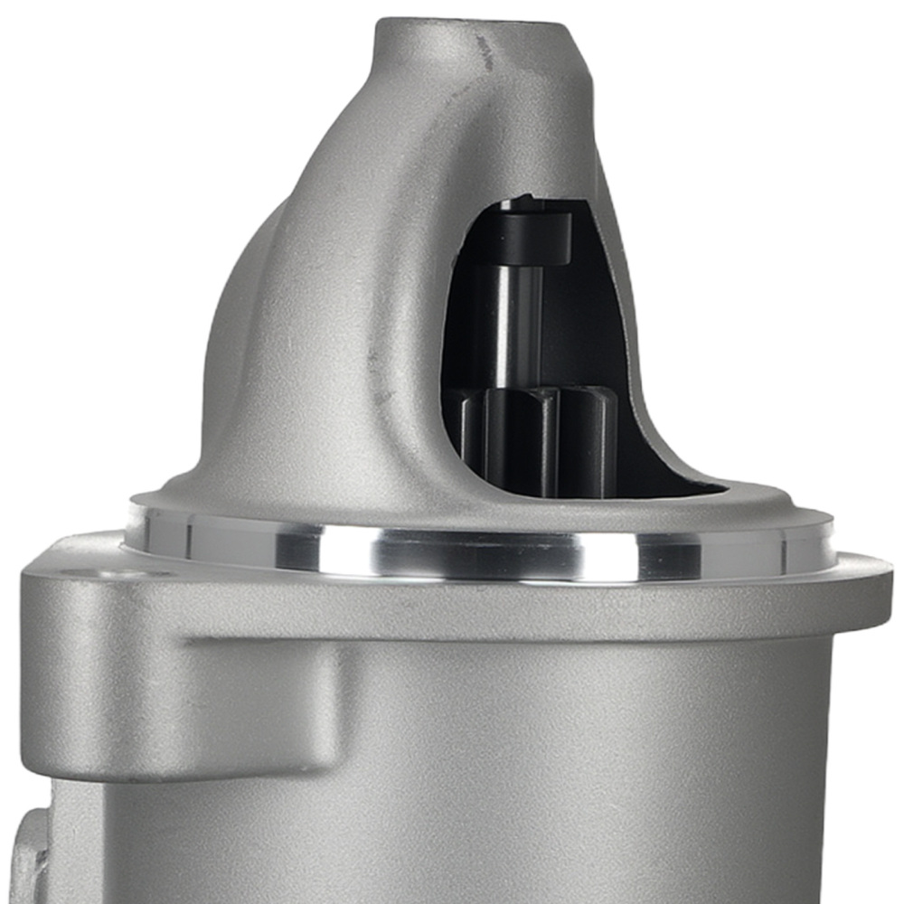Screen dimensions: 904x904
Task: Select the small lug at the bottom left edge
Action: click(27, 850)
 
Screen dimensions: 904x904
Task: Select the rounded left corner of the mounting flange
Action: click(36, 565)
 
